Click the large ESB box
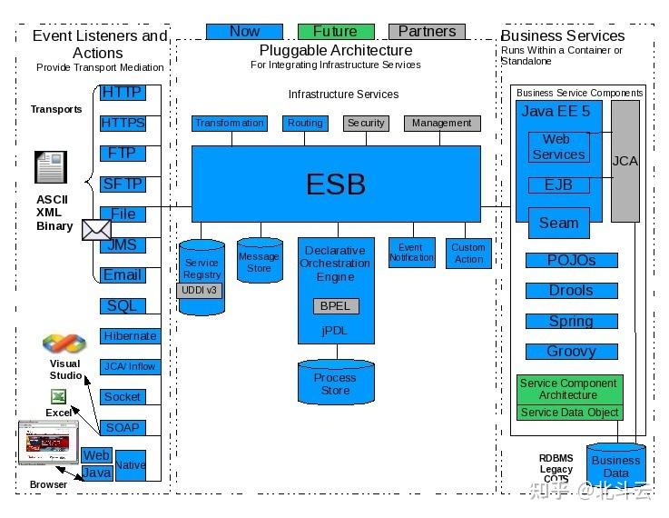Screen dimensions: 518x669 (x=336, y=184)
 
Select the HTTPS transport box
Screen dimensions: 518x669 (x=123, y=123)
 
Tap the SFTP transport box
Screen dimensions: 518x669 (x=123, y=184)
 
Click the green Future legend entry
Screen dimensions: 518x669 (x=335, y=31)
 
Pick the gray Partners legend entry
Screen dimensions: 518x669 (x=427, y=31)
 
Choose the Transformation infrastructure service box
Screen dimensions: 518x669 (x=230, y=123)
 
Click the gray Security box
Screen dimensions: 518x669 (x=366, y=123)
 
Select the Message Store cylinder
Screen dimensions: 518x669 (x=259, y=262)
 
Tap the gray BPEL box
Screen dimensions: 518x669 (x=336, y=306)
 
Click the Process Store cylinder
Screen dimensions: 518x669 (x=335, y=384)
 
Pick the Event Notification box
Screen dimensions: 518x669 (x=411, y=253)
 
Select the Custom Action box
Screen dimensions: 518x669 (x=468, y=253)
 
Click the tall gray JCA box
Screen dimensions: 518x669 (x=625, y=162)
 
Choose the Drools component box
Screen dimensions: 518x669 (x=571, y=291)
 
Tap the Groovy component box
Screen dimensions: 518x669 (x=571, y=352)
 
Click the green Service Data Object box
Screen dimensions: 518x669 (x=570, y=413)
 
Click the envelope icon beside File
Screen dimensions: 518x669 (x=95, y=230)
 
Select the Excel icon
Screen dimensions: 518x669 (x=58, y=397)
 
